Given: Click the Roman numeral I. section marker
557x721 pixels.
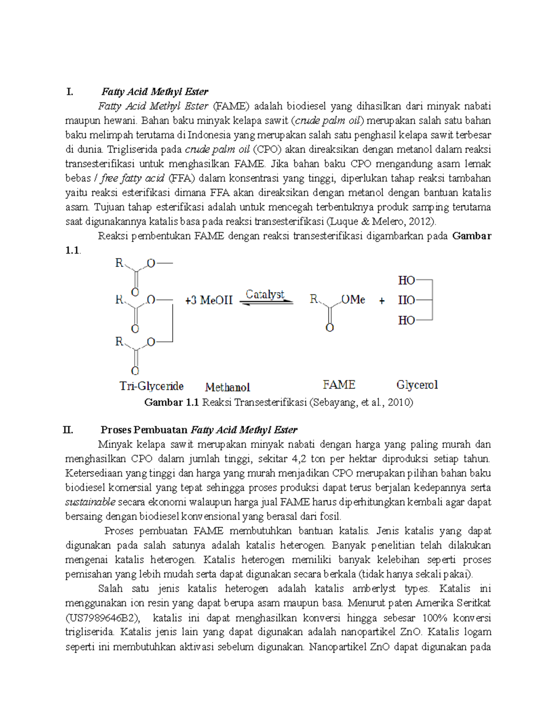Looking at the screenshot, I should (x=70, y=92).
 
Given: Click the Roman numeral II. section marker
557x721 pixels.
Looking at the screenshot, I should (x=68, y=430).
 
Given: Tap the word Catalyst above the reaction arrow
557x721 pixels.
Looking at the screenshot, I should (x=265, y=294).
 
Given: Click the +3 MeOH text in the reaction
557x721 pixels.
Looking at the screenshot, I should (x=208, y=300).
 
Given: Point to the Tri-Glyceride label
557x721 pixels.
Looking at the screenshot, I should (x=151, y=386).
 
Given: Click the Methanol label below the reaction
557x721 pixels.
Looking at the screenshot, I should (x=227, y=387).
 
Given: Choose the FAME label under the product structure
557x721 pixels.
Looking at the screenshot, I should (x=339, y=385).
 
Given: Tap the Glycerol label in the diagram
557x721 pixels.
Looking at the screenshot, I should (x=417, y=385).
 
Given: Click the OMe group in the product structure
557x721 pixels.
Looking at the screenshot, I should (x=353, y=300).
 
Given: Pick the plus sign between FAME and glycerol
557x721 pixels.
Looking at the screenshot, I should (x=382, y=301).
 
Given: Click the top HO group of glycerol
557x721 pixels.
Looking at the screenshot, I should (x=406, y=280).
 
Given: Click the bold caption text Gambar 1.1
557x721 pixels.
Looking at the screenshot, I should (x=171, y=402).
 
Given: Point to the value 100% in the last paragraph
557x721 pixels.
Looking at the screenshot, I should (x=434, y=618).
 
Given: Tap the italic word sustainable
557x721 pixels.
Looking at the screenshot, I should (x=90, y=502).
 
